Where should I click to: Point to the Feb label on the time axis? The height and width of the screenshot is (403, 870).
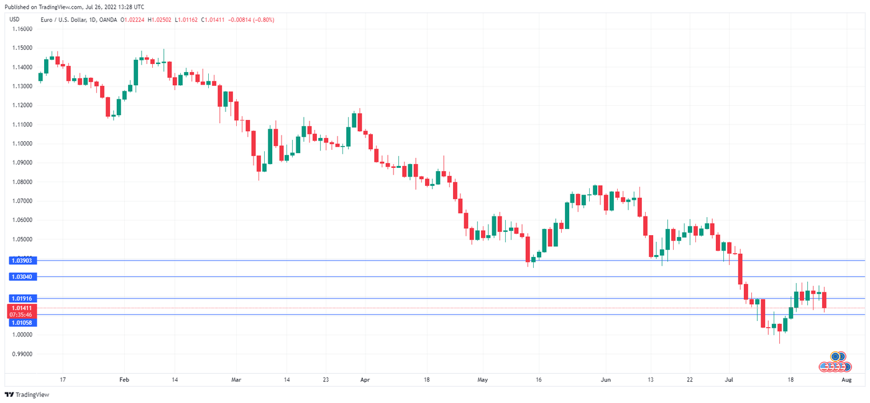tap(123, 379)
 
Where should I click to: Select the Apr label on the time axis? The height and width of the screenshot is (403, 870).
tap(365, 379)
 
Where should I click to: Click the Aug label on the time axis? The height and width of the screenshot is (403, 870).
tap(846, 379)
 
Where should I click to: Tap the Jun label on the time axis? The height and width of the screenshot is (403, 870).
tap(607, 379)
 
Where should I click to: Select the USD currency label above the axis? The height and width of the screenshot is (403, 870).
tap(15, 20)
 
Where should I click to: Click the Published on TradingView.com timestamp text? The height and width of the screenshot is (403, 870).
tap(74, 7)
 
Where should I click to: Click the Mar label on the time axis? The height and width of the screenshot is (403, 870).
tap(236, 379)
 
